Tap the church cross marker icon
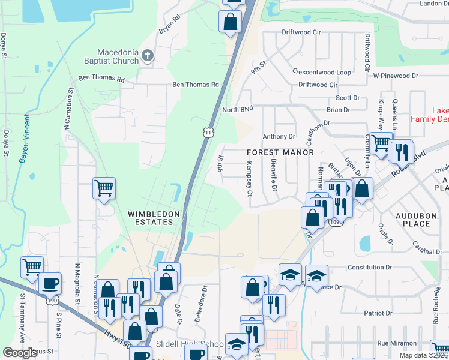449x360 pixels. tap(148, 56)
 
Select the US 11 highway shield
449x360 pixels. tap(208, 133)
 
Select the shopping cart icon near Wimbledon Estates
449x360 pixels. tap(104, 189)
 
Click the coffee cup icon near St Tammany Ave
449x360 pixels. tap(50, 283)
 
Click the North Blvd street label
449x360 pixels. tap(238, 110)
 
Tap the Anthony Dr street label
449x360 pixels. tap(279, 137)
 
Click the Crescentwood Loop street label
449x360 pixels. tap(321, 72)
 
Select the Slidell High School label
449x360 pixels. tap(190, 344)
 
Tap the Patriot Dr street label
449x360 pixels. tap(369, 313)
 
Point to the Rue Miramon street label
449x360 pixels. tap(397, 343)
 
